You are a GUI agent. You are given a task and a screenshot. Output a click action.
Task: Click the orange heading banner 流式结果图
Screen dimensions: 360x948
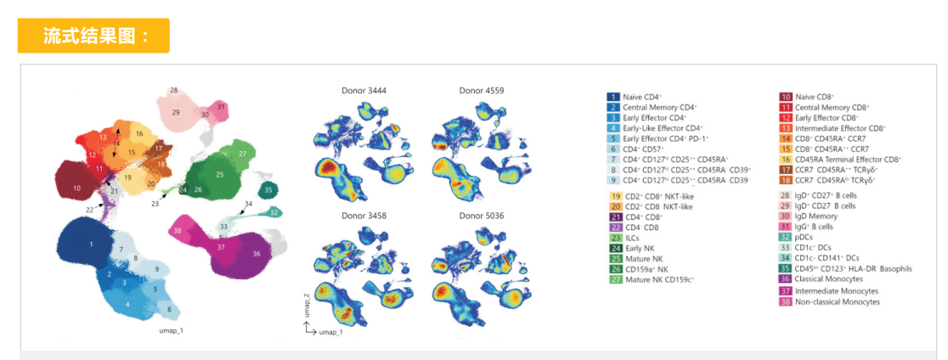pos(93,36)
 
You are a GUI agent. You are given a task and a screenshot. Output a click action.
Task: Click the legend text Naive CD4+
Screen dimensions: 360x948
pos(642,98)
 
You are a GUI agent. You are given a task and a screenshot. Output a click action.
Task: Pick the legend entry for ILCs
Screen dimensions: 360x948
pos(632,239)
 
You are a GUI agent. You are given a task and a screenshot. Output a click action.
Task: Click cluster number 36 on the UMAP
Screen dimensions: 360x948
pos(256,254)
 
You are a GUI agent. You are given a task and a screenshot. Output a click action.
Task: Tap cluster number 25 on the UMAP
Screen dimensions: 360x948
pos(219,174)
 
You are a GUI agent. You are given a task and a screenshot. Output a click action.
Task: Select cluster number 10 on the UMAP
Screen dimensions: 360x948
pos(76,188)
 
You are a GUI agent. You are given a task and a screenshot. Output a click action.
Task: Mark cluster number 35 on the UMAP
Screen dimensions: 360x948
pos(268,190)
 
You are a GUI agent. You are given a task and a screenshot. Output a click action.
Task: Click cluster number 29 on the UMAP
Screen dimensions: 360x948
pos(176,112)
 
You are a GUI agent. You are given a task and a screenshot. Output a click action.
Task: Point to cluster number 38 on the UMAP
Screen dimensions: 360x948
pos(177,230)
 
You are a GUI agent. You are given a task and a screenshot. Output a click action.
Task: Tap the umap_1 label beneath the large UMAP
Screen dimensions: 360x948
pos(172,329)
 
